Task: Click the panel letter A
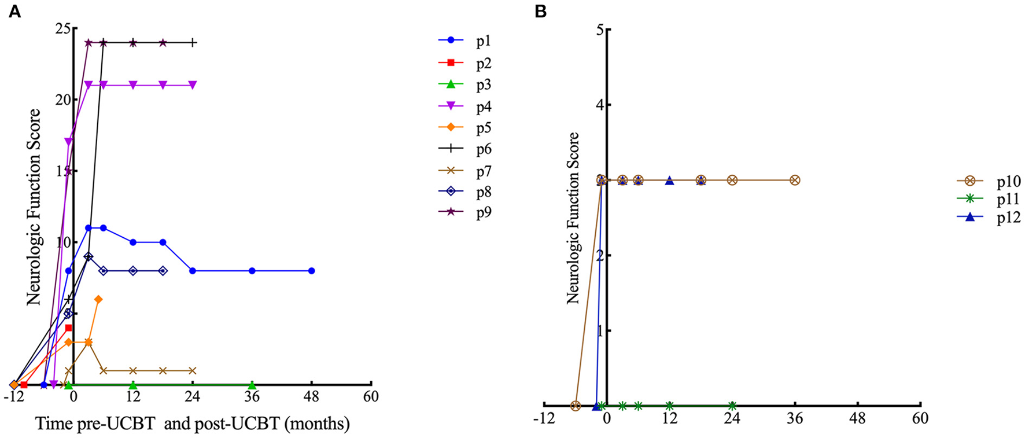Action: coord(14,12)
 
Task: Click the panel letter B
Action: coord(540,12)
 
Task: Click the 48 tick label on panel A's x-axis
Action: coord(311,397)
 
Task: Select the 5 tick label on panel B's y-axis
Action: coord(599,30)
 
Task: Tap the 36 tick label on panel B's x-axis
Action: coord(795,418)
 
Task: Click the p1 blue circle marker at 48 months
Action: coord(311,271)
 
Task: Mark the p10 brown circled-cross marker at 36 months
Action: coord(795,180)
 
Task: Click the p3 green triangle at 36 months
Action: coord(252,385)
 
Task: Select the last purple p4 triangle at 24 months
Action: coord(193,85)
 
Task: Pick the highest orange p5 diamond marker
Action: coord(98,299)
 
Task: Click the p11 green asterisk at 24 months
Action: coord(732,406)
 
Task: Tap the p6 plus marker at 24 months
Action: coord(193,43)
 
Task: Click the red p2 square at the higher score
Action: coord(68,328)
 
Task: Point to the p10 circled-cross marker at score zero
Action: coord(575,406)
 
